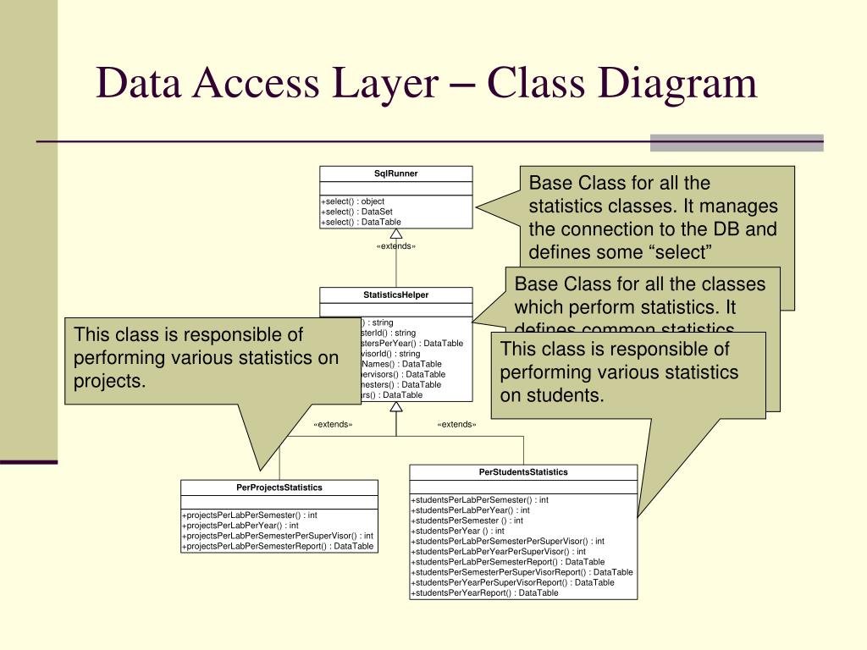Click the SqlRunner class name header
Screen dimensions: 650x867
click(x=395, y=174)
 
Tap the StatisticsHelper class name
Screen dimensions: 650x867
click(x=395, y=295)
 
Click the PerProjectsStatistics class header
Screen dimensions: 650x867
click(x=279, y=487)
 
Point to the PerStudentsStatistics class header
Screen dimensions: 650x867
click(x=523, y=472)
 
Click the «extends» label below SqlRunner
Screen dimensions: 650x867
click(x=395, y=246)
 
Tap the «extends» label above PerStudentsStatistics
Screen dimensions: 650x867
click(x=456, y=424)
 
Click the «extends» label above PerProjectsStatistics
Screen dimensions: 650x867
click(x=333, y=424)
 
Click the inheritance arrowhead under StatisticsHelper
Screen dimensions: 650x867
click(x=395, y=407)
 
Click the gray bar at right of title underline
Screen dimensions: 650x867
click(x=736, y=142)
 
